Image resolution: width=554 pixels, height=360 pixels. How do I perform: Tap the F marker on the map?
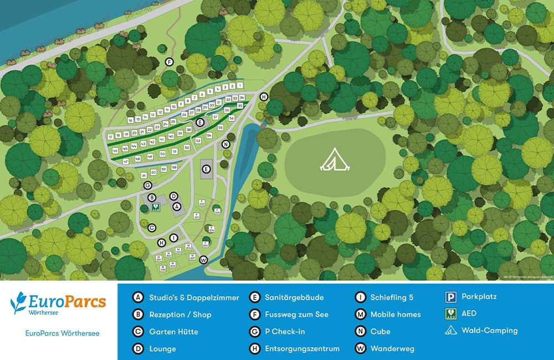pos(170,61)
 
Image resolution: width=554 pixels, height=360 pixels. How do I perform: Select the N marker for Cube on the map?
pos(225,144)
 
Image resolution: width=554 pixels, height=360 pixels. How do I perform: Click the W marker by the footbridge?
pos(203,260)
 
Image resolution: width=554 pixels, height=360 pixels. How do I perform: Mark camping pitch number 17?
pos(111,136)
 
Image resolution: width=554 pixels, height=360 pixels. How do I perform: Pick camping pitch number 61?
pos(145,175)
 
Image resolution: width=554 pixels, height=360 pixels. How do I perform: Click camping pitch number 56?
pos(232,118)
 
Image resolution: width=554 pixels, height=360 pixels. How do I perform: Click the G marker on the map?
pos(147,185)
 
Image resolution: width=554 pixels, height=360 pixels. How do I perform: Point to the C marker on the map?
pos(151,227)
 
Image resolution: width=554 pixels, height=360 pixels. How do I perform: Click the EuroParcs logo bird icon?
pos(20,304)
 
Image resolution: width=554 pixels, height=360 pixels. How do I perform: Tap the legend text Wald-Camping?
pos(489,331)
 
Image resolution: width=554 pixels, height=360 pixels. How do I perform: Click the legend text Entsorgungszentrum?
pos(302,348)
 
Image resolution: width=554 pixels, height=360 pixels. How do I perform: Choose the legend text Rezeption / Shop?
pos(180,315)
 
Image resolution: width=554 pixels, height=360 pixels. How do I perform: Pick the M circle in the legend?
pos(360,315)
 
